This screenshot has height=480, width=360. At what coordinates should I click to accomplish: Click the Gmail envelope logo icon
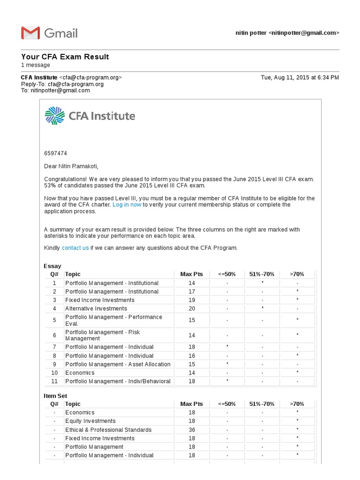[x=30, y=33]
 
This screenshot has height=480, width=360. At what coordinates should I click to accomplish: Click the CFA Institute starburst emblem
[x=54, y=116]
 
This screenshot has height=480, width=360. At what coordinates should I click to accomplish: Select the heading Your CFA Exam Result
[x=65, y=57]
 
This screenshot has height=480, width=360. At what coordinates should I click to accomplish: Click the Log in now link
[x=127, y=205]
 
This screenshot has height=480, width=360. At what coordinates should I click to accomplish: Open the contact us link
[x=75, y=248]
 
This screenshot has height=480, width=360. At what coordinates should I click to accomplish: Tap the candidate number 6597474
[x=56, y=153]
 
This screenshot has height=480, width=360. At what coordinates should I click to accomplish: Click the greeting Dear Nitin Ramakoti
[x=71, y=166]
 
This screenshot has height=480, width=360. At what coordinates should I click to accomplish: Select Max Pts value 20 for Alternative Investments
[x=191, y=308]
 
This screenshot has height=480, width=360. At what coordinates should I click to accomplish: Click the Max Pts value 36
[x=191, y=430]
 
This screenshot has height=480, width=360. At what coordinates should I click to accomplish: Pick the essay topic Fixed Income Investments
[x=99, y=300]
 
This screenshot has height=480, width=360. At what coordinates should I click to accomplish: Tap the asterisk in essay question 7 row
[x=227, y=347]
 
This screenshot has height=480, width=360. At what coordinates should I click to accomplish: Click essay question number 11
[x=54, y=381]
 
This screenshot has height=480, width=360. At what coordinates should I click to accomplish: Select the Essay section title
[x=52, y=266]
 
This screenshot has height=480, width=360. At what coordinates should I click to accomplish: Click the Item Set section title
[x=55, y=396]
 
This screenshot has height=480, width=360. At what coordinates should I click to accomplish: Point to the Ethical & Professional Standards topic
[x=108, y=430]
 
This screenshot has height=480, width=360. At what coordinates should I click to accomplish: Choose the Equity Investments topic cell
[x=90, y=421]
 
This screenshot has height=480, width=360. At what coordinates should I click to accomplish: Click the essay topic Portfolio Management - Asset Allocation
[x=118, y=364]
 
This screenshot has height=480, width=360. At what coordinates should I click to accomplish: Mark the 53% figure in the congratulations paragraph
[x=50, y=186]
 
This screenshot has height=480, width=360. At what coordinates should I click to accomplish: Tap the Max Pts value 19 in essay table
[x=191, y=300]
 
